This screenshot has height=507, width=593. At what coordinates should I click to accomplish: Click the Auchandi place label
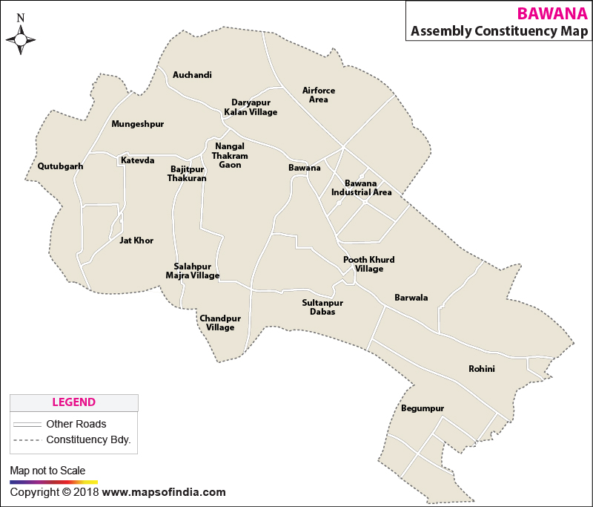[192, 75]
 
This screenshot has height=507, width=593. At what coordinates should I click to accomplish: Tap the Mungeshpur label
[137, 124]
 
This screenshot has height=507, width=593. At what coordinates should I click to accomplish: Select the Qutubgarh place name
[60, 166]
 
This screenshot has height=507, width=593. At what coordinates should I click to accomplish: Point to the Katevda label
[138, 160]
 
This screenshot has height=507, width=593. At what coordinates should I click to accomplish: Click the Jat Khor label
[136, 241]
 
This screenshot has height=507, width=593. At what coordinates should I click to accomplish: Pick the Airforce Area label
[319, 95]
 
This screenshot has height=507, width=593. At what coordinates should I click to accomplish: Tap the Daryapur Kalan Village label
[251, 107]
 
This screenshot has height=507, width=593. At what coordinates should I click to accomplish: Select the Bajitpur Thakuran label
[187, 174]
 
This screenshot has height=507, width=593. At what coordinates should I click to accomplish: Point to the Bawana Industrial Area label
[361, 188]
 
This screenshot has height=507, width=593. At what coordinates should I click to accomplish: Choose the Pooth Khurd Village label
[368, 264]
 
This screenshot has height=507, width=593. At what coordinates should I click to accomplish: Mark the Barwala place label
[411, 298]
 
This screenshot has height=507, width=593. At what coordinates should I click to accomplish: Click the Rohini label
[481, 369]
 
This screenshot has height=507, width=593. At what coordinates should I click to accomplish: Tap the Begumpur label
[422, 408]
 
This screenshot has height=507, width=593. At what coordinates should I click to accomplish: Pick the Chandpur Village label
[220, 323]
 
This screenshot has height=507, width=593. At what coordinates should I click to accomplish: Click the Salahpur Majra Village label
[193, 271]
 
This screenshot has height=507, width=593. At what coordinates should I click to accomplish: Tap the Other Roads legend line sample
[26, 425]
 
